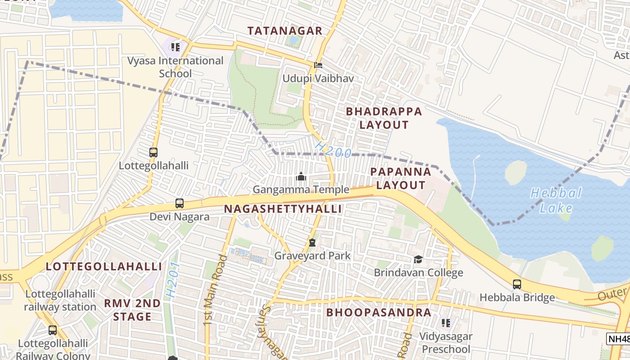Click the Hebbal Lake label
(x=556, y=201)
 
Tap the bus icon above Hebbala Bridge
(x=517, y=284)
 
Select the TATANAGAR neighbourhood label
(x=285, y=31)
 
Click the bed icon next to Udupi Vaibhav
(x=318, y=65)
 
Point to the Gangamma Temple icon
(x=301, y=176)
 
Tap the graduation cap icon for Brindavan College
(x=418, y=260)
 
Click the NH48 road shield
(x=618, y=339)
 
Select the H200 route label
(x=333, y=149)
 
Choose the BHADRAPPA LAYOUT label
(x=384, y=118)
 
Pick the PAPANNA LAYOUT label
(x=400, y=178)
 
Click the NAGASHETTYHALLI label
(x=283, y=209)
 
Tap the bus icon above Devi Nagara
(x=180, y=203)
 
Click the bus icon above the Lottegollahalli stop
(x=153, y=152)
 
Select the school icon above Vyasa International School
(x=175, y=47)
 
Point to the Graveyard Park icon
(x=312, y=243)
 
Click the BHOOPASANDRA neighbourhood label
(x=378, y=312)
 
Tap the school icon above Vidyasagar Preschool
(x=446, y=323)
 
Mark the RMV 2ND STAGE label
(x=132, y=310)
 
